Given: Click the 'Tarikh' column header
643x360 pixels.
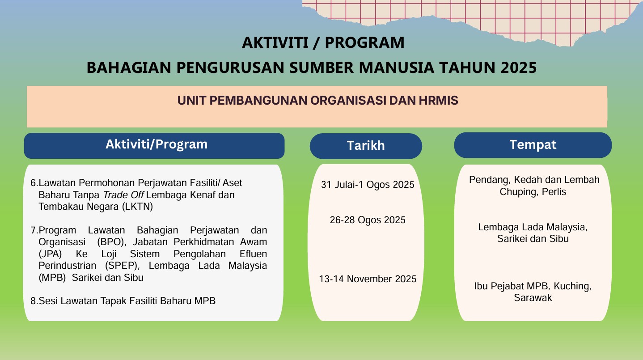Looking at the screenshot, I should click(x=365, y=146).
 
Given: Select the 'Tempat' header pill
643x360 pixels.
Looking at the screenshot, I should click(x=533, y=145).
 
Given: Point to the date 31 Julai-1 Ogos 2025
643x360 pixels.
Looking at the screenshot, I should click(x=368, y=185).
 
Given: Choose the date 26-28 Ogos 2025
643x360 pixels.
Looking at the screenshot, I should click(x=368, y=220).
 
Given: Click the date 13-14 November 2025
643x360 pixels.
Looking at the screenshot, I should click(x=368, y=279).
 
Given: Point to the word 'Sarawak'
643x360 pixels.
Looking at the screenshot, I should click(x=533, y=297).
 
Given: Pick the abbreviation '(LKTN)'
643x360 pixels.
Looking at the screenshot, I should click(x=139, y=207).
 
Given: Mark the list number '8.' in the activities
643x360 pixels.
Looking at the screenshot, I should click(x=34, y=301).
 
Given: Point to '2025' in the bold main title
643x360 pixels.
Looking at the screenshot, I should click(x=518, y=68).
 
